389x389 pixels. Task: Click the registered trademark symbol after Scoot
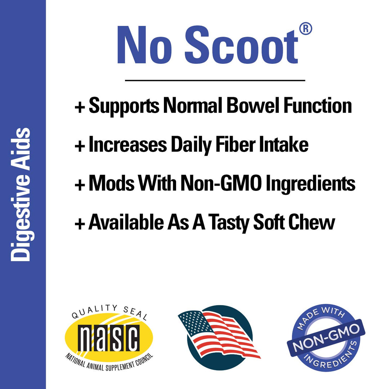tap(305, 29)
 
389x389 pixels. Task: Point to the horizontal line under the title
tap(215, 80)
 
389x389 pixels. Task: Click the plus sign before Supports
tap(79, 107)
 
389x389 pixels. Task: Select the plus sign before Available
tap(79, 223)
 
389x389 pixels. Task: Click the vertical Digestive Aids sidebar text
tap(21, 194)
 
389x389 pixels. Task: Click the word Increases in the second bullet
tap(128, 144)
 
